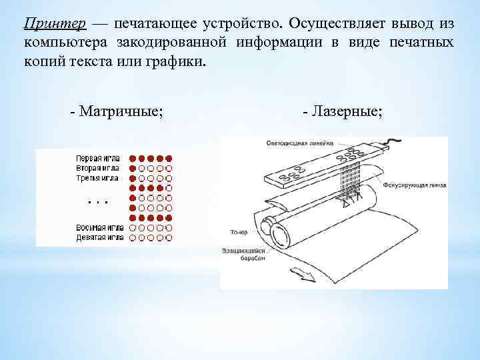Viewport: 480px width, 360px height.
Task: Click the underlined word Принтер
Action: click(55, 24)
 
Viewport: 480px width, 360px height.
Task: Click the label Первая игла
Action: click(97, 159)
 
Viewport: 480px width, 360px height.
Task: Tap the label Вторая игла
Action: click(97, 169)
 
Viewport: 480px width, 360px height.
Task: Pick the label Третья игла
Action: click(97, 178)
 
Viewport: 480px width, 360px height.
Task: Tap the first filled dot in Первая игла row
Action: click(132, 159)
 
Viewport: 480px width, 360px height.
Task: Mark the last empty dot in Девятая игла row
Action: click(169, 237)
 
